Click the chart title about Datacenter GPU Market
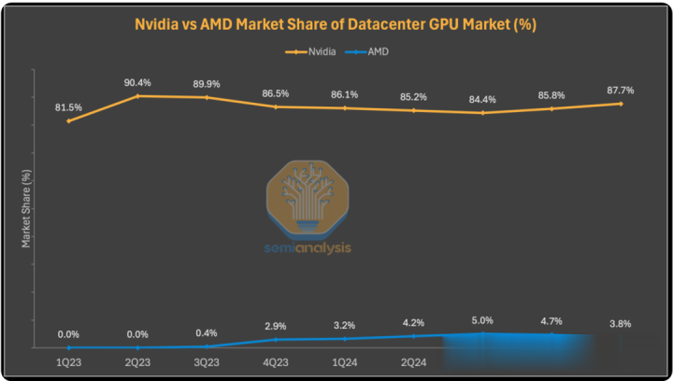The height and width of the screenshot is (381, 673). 336,23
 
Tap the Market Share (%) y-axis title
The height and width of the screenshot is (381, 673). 27,208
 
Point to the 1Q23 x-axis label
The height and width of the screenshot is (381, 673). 68,361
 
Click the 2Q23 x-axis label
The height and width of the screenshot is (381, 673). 137,361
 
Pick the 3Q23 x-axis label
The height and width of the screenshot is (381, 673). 207,361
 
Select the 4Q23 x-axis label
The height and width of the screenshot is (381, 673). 276,361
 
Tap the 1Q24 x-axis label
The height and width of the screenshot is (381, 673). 345,361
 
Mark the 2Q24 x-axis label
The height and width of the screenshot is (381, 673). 414,361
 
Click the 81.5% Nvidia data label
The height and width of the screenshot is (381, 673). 68,107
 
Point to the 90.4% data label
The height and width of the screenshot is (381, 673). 137,81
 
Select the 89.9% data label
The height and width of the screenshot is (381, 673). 207,83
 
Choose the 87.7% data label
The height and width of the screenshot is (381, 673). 620,91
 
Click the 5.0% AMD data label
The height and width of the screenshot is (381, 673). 482,319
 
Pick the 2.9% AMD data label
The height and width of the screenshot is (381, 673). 276,326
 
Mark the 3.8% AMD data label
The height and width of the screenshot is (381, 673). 620,323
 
